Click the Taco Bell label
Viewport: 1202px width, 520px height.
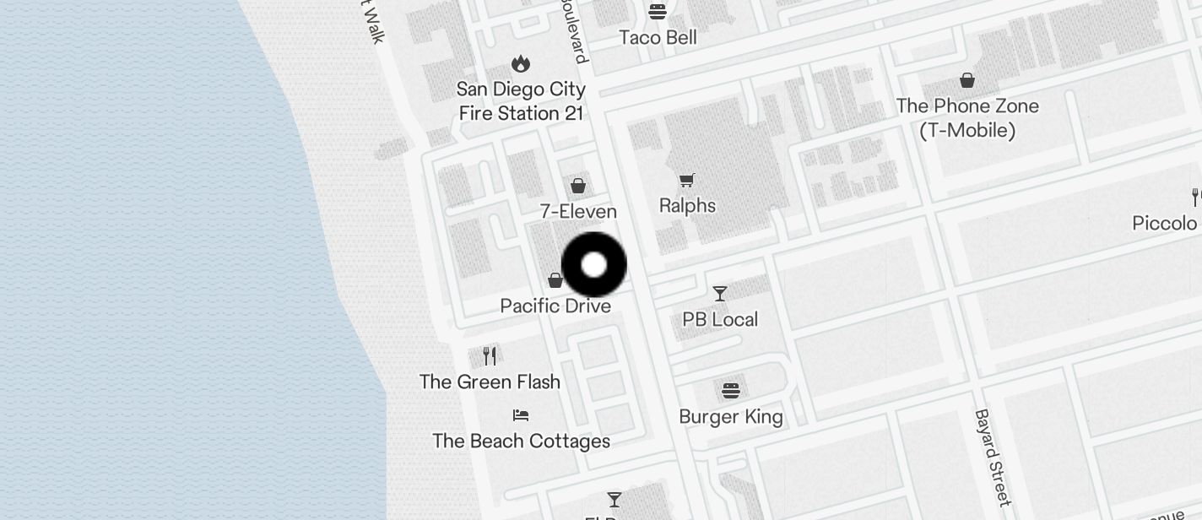point(658,37)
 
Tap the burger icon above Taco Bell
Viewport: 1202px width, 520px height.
point(658,12)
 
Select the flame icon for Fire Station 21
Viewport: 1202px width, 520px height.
point(521,63)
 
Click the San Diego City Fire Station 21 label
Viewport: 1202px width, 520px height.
point(521,101)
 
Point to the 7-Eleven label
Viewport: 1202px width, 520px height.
point(578,211)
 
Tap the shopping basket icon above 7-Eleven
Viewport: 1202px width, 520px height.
point(578,185)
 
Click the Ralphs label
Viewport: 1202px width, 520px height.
point(687,205)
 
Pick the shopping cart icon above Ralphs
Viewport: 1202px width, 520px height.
point(687,179)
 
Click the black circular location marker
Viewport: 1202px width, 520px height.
point(594,264)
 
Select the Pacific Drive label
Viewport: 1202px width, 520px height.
point(555,306)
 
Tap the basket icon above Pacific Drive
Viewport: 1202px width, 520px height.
point(555,279)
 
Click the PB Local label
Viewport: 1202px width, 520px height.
point(720,319)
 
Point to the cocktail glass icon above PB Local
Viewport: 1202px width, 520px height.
point(720,293)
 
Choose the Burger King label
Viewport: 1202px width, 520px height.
point(731,416)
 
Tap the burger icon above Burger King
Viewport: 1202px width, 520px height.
point(731,390)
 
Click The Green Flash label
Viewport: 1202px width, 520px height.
point(490,382)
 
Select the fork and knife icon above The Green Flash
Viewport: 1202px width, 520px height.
point(490,355)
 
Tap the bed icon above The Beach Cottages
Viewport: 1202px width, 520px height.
point(521,415)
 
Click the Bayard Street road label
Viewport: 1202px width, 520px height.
point(992,457)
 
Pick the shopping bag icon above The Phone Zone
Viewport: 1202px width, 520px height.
point(967,80)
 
